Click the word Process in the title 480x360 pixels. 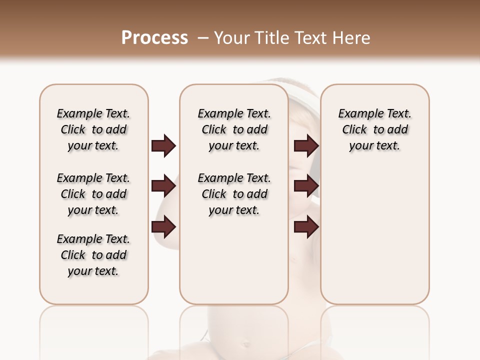tap(154, 37)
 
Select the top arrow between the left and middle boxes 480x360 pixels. tap(163, 146)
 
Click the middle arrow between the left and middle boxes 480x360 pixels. tap(163, 186)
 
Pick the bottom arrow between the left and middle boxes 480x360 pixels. tap(163, 227)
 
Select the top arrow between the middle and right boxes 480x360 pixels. tap(306, 146)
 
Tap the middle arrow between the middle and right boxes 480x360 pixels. tap(306, 186)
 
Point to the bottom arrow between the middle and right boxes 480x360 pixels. tap(306, 227)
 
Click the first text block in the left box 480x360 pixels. tap(93, 129)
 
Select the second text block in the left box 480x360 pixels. tap(93, 194)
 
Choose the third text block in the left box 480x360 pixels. tap(93, 255)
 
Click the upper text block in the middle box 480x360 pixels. tap(234, 129)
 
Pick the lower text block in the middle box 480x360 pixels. tap(234, 194)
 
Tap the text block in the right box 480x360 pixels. tap(375, 129)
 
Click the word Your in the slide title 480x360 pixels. tap(229, 38)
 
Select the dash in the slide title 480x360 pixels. tap(203, 38)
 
